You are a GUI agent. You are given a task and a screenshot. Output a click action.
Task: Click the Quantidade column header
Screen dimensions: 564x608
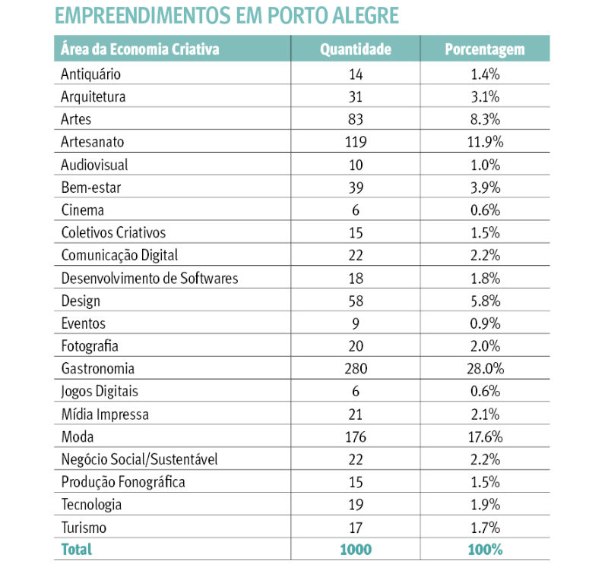coord(355,50)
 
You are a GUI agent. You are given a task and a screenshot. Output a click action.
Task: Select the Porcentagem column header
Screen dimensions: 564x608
coord(484,50)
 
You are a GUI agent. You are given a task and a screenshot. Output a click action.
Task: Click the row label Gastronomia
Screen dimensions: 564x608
coord(97,369)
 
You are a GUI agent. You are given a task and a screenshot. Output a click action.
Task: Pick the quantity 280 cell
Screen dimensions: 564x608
coord(355,369)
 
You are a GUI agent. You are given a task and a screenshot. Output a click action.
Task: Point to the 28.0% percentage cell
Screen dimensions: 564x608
coord(484,369)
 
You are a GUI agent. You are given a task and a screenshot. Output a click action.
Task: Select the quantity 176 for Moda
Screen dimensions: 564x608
coord(355,436)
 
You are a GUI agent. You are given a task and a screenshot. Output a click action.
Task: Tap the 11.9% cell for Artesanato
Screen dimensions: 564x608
coord(484,142)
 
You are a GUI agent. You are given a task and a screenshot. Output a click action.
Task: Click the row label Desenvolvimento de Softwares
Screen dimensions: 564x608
coord(149,278)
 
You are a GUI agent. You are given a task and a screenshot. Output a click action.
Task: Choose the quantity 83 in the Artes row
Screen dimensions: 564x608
coord(355,119)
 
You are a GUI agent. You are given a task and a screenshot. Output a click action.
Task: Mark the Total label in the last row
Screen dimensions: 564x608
coord(76,549)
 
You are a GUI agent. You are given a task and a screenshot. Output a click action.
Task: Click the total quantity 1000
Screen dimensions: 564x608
coord(355,549)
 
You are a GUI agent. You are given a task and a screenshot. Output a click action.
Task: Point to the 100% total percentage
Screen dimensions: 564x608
coord(484,549)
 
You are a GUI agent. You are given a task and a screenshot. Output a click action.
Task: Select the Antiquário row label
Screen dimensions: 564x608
coord(90,74)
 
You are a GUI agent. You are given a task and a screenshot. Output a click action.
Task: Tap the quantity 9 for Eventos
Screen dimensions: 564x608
coord(355,323)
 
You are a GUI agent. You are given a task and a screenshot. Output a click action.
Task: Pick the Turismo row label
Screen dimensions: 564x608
coord(84,528)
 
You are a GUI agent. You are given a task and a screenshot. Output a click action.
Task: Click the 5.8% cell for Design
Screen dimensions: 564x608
coord(484,301)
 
